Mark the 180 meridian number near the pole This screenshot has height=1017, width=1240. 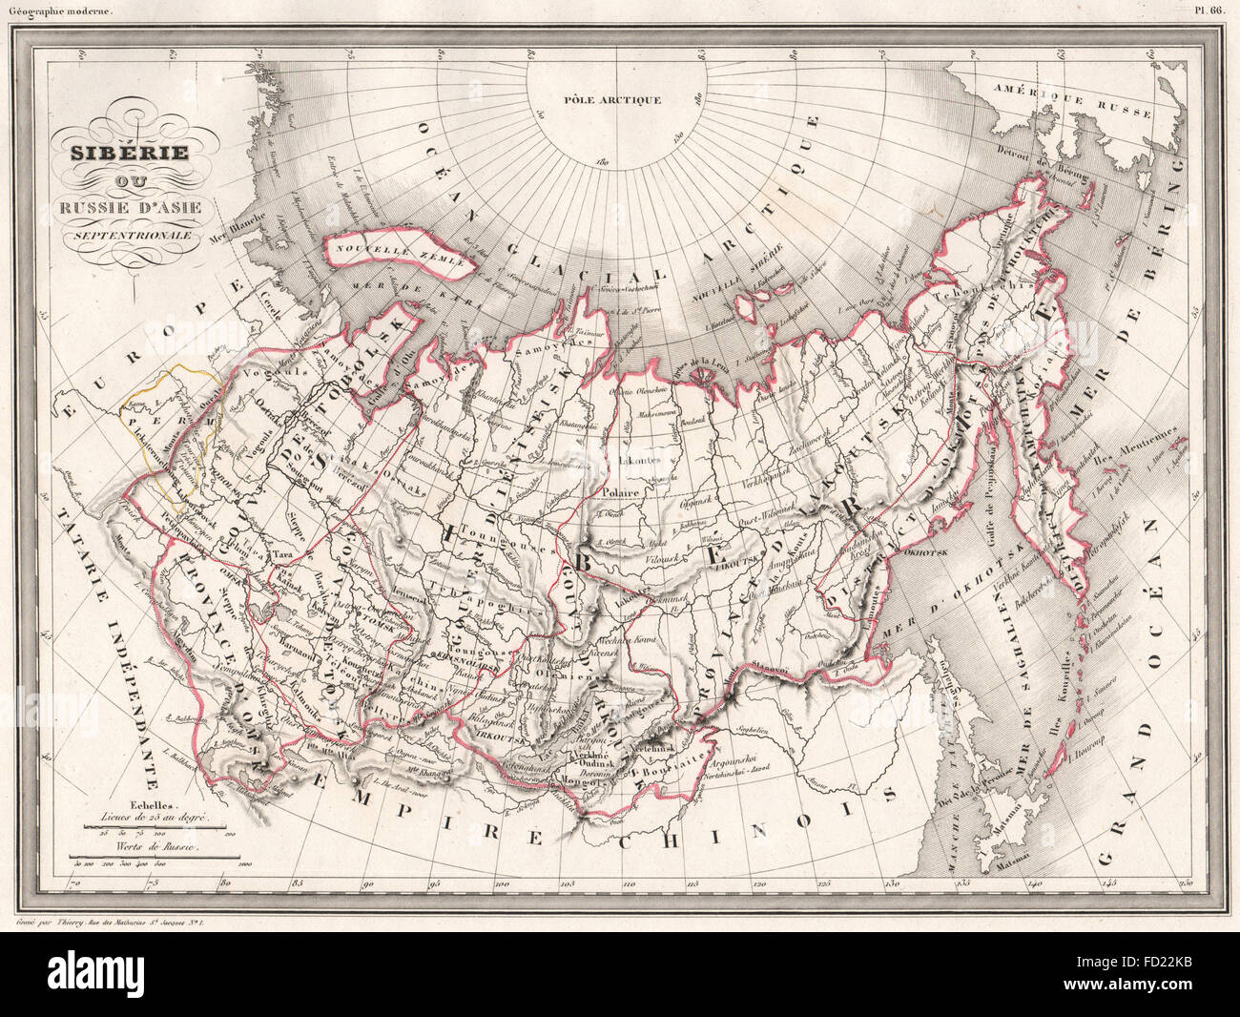pyautogui.click(x=603, y=163)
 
